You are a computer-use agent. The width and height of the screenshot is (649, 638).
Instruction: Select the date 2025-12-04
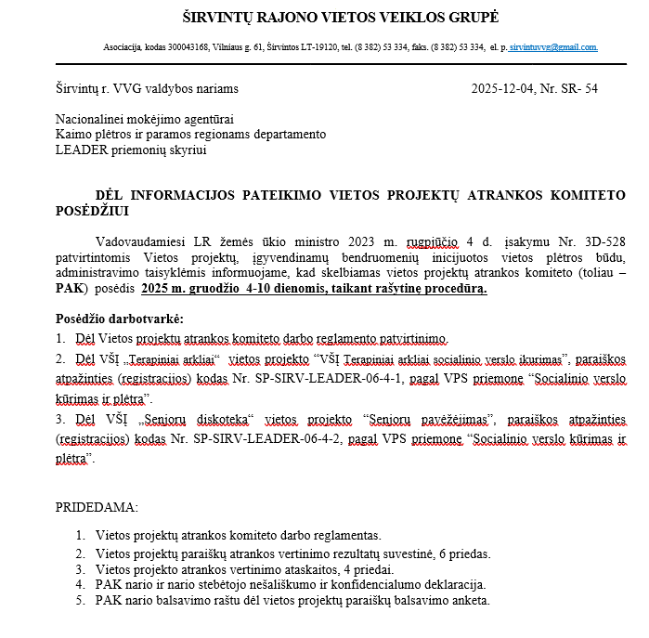[x=502, y=89]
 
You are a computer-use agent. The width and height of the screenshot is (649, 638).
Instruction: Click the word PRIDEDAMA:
[x=97, y=508]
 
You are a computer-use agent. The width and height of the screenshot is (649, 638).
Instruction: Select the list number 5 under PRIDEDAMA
[x=81, y=600]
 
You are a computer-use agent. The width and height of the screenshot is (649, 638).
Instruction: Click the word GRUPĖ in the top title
[x=471, y=18]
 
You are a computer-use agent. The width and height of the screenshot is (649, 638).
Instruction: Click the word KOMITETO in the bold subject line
[x=582, y=195]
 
